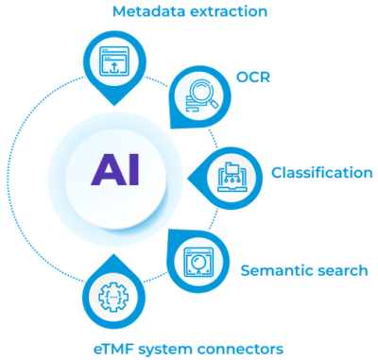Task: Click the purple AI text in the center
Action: pos(117,172)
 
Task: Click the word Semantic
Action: pos(275,271)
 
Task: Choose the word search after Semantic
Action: pos(340,271)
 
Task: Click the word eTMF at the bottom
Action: pos(114,349)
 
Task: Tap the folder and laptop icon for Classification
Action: pos(231,176)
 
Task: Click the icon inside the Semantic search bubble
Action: pos(197,257)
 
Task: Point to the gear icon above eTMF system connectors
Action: pos(113,295)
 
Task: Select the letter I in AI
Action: pos(134,172)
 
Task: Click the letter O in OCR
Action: pos(243,77)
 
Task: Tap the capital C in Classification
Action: pos(277,173)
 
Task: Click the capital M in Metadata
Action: pos(118,12)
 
